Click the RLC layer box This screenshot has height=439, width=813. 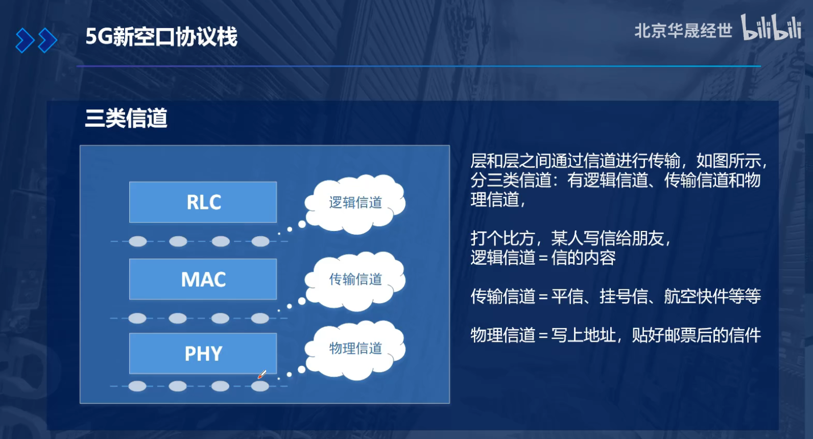[203, 202]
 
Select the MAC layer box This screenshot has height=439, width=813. [203, 279]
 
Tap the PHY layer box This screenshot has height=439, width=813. [203, 353]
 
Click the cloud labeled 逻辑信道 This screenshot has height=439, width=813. [355, 203]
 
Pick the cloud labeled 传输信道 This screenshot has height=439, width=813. [355, 280]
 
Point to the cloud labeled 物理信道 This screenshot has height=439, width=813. [355, 349]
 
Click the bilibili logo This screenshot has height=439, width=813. [771, 28]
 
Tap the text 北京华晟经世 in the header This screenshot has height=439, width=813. [683, 31]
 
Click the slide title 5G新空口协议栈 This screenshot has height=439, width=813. [161, 37]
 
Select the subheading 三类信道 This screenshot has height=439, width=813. [126, 118]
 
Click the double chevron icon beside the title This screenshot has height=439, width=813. [36, 40]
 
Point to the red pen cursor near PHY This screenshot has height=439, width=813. [262, 375]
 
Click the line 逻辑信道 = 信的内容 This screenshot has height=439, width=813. [543, 258]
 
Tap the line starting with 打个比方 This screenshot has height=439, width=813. [570, 238]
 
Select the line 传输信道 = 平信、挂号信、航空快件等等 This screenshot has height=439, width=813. [615, 296]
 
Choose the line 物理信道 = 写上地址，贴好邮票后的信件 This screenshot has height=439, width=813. [615, 335]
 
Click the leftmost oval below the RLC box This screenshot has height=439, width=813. [137, 241]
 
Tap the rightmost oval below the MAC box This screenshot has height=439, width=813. [260, 318]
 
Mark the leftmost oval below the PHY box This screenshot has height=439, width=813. [137, 386]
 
